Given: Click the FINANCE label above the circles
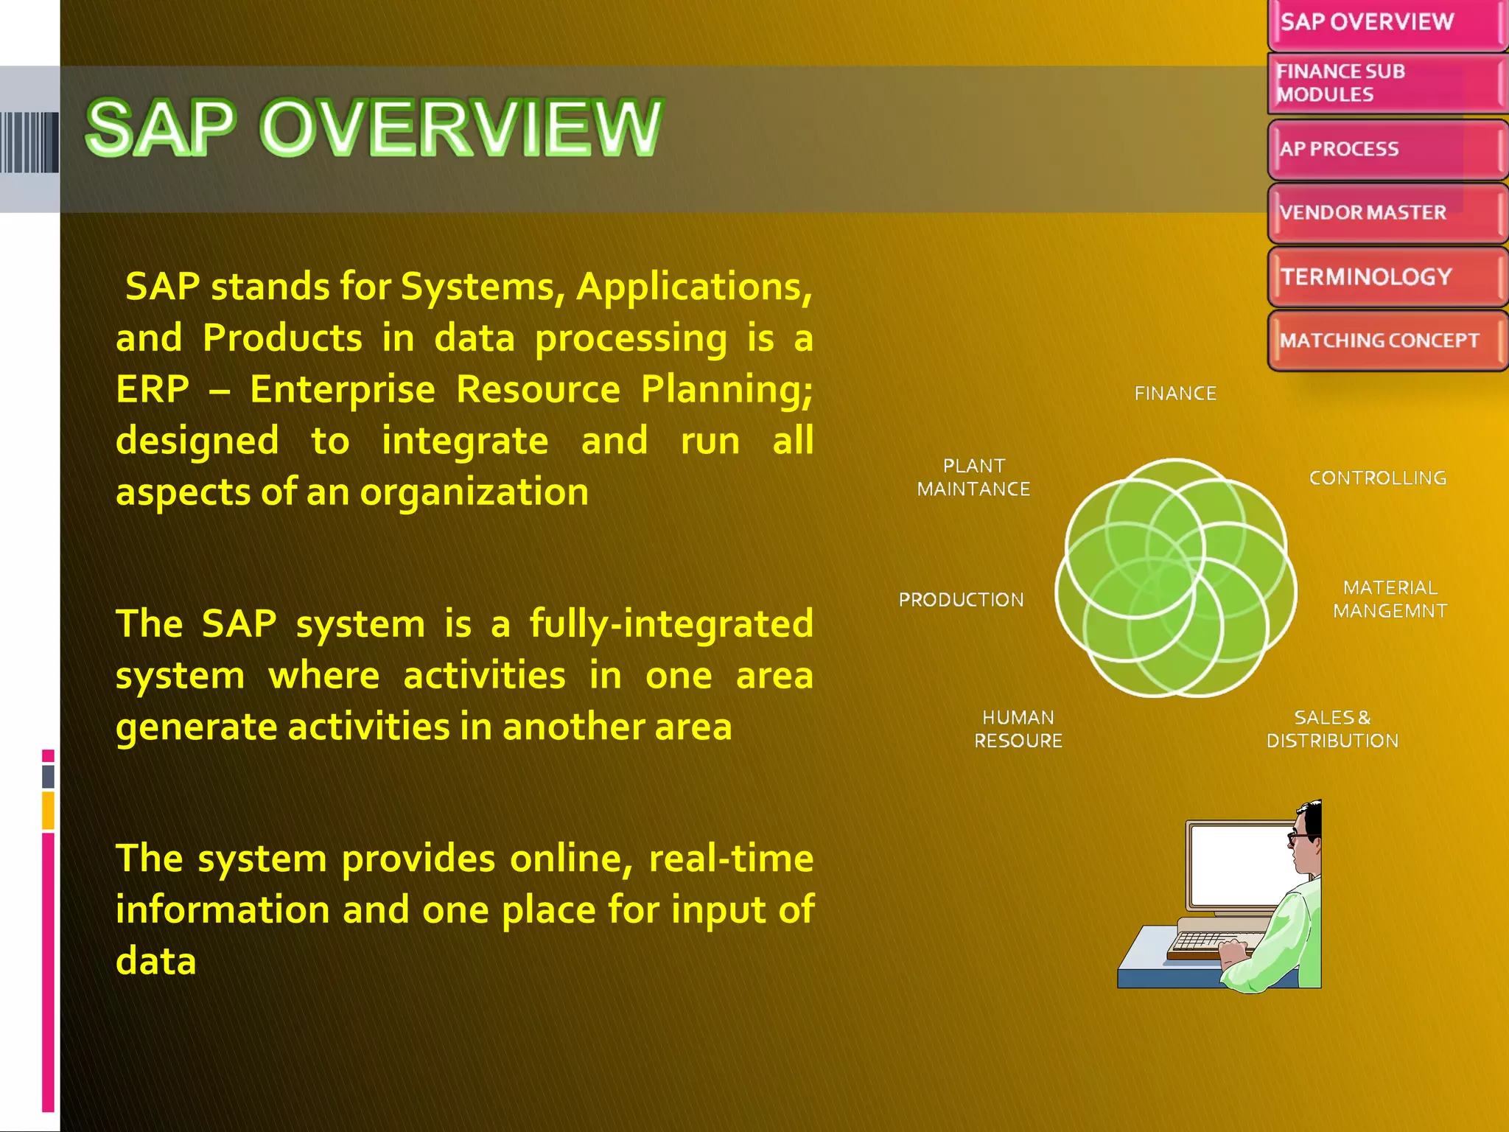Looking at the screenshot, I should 1175,394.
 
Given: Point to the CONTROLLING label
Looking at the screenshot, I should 1377,478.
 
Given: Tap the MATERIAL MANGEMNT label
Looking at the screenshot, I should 1390,599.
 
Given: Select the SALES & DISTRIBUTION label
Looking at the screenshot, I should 1332,729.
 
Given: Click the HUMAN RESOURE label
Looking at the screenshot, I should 1018,729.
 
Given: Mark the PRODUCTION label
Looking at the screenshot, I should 961,600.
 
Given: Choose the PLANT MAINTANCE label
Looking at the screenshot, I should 973,478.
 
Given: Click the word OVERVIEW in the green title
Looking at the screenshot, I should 461,128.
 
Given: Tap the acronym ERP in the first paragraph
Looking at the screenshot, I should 153,389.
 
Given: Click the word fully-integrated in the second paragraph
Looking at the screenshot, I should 671,624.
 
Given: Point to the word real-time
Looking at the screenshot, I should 730,859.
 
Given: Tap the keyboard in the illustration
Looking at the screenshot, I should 1208,943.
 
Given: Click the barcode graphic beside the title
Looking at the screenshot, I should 29,142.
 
